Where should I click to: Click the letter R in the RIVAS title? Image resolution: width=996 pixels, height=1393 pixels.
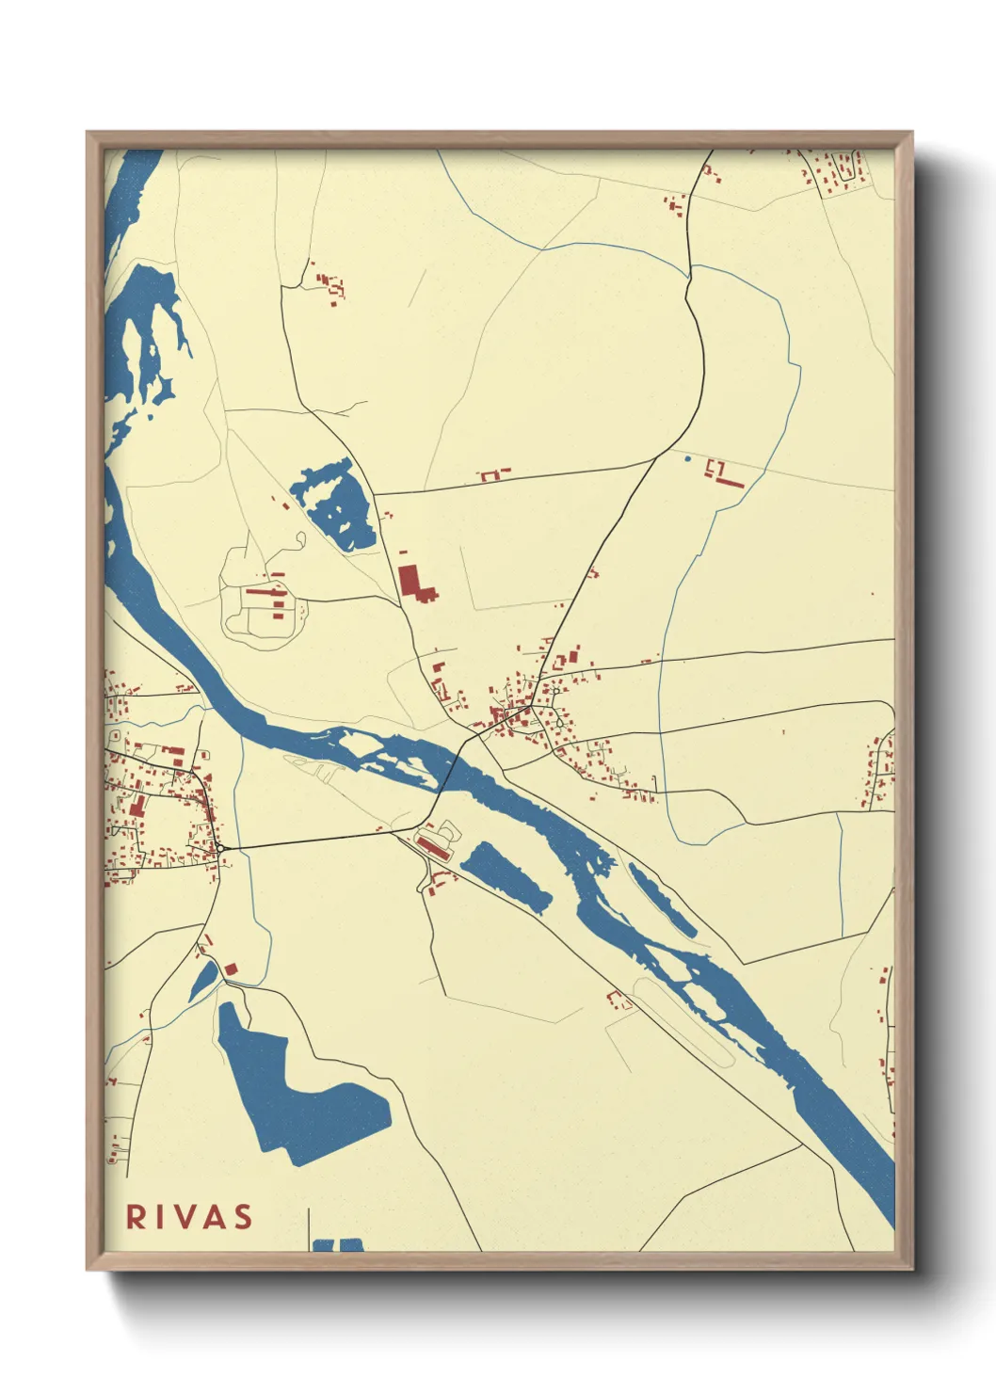coord(136,1217)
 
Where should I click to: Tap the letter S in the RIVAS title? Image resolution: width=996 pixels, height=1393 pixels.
coord(243,1217)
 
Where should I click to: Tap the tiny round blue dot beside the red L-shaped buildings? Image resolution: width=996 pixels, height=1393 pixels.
coord(687,459)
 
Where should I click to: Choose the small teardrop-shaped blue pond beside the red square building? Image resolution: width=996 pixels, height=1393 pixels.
coord(202,982)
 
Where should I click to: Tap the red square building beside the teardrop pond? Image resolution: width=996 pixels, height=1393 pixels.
coord(231,969)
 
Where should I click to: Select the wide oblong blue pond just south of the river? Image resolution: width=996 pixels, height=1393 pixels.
coord(506,876)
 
